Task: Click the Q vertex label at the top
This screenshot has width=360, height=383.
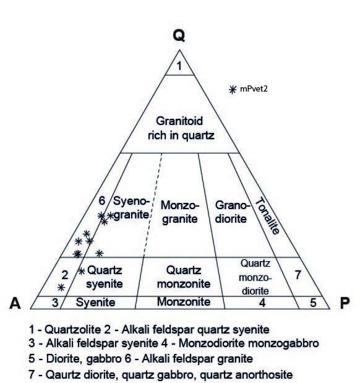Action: click(x=179, y=36)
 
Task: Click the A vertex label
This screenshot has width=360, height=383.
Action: click(x=15, y=303)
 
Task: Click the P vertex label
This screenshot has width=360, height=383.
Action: click(x=345, y=303)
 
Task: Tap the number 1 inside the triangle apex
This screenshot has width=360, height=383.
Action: click(x=179, y=66)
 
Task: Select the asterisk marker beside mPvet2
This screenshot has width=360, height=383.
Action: click(x=233, y=89)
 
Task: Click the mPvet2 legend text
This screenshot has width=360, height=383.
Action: click(x=254, y=88)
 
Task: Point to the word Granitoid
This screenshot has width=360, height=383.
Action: click(x=179, y=121)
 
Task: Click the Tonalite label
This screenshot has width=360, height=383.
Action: click(x=267, y=216)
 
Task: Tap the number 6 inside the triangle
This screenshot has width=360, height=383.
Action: click(x=102, y=201)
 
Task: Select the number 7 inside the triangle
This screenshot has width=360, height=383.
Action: click(x=298, y=275)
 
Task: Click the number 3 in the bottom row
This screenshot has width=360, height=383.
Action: click(x=55, y=303)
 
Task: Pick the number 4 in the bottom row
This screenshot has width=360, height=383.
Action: click(x=262, y=303)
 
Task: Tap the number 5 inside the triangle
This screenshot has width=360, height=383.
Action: click(x=314, y=303)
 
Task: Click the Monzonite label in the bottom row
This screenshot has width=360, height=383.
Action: click(x=184, y=302)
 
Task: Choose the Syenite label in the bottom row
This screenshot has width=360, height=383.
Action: click(x=95, y=303)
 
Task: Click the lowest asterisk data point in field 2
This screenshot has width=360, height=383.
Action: click(x=61, y=288)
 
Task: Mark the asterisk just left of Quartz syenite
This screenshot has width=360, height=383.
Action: click(x=81, y=271)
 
